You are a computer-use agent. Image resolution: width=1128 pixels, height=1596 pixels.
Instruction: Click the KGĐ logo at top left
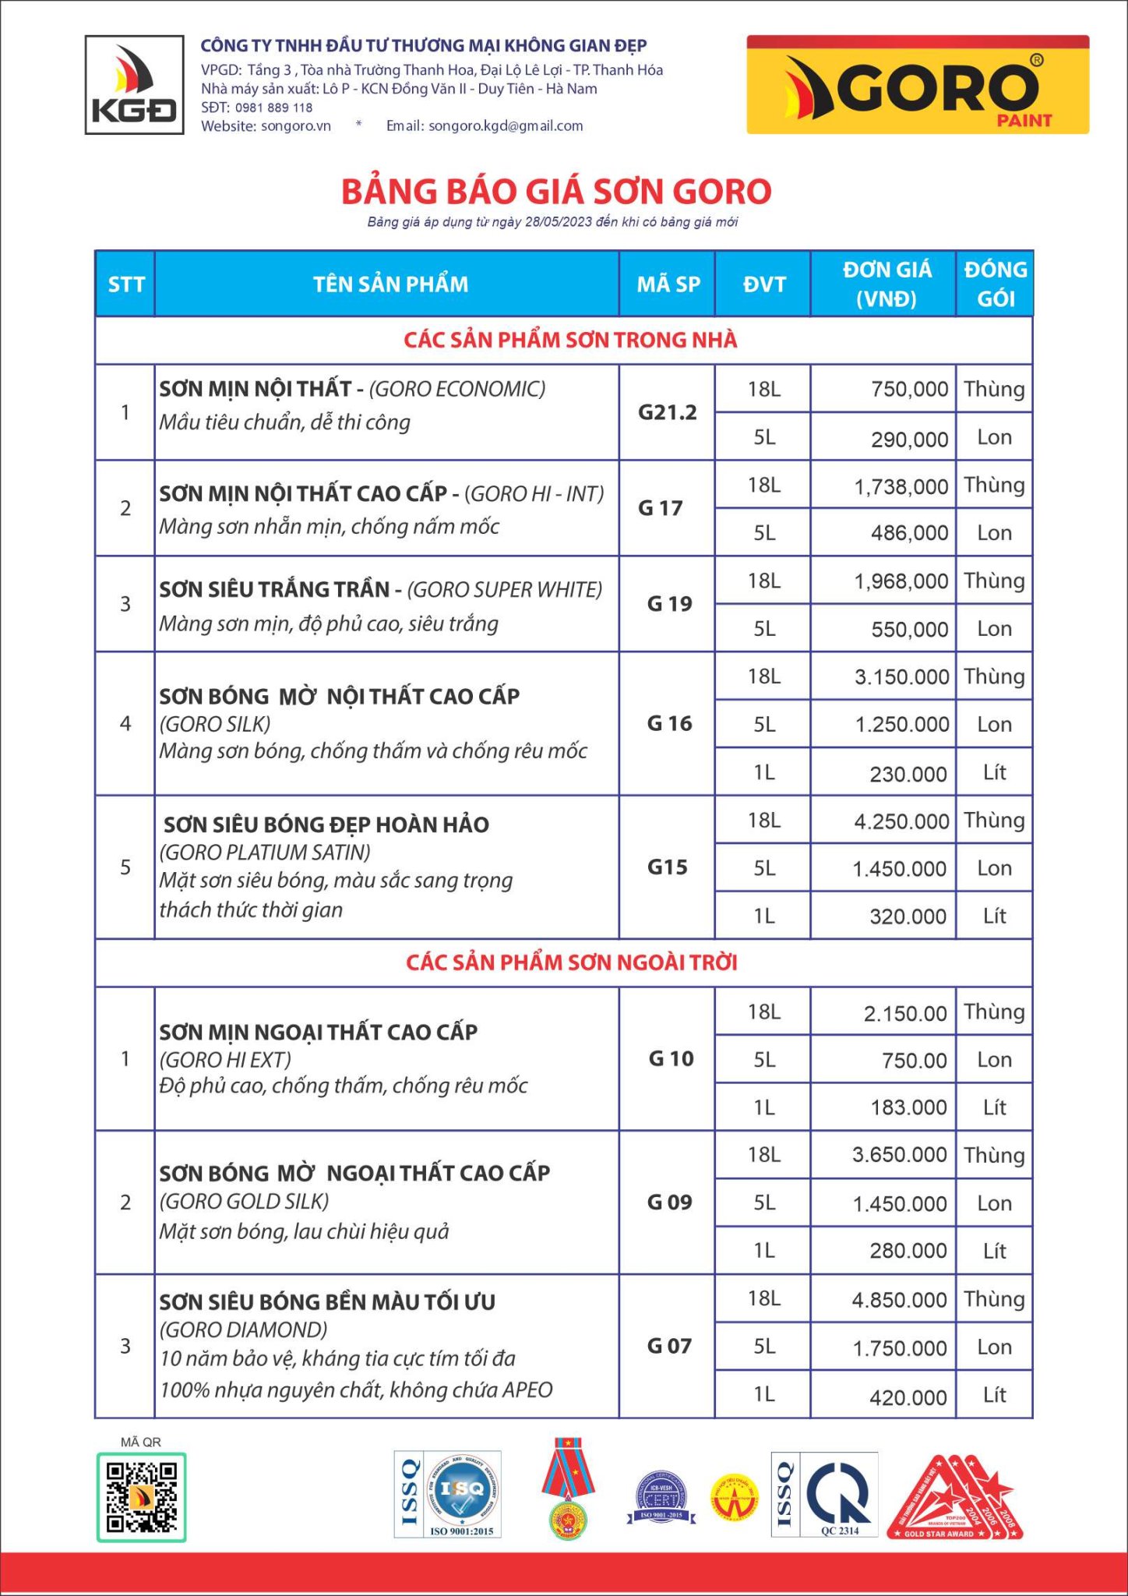point(134,84)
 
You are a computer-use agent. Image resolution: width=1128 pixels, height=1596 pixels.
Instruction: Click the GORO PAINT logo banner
point(918,85)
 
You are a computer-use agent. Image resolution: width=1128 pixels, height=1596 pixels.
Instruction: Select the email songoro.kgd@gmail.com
point(506,125)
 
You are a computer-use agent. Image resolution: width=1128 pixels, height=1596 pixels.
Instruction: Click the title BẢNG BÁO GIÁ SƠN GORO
point(556,192)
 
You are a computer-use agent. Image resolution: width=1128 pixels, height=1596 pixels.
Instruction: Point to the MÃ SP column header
point(668,284)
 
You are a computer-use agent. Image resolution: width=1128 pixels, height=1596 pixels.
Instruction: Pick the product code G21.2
point(667,412)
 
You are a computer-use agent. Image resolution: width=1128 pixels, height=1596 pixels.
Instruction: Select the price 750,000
point(909,389)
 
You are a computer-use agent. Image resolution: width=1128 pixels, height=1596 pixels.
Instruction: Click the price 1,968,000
point(901,581)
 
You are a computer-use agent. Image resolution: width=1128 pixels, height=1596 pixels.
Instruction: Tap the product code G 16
point(669,724)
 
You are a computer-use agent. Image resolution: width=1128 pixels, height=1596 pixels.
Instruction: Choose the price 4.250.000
point(901,821)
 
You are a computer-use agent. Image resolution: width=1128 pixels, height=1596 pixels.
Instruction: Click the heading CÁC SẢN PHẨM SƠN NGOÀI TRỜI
point(571,962)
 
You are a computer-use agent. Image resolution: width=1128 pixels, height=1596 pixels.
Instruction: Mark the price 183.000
point(908,1107)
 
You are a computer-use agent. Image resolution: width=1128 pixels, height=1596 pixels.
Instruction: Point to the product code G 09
point(669,1202)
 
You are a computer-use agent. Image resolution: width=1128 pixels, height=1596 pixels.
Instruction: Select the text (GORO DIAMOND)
point(243,1329)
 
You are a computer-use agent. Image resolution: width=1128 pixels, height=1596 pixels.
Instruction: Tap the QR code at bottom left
point(141,1496)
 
